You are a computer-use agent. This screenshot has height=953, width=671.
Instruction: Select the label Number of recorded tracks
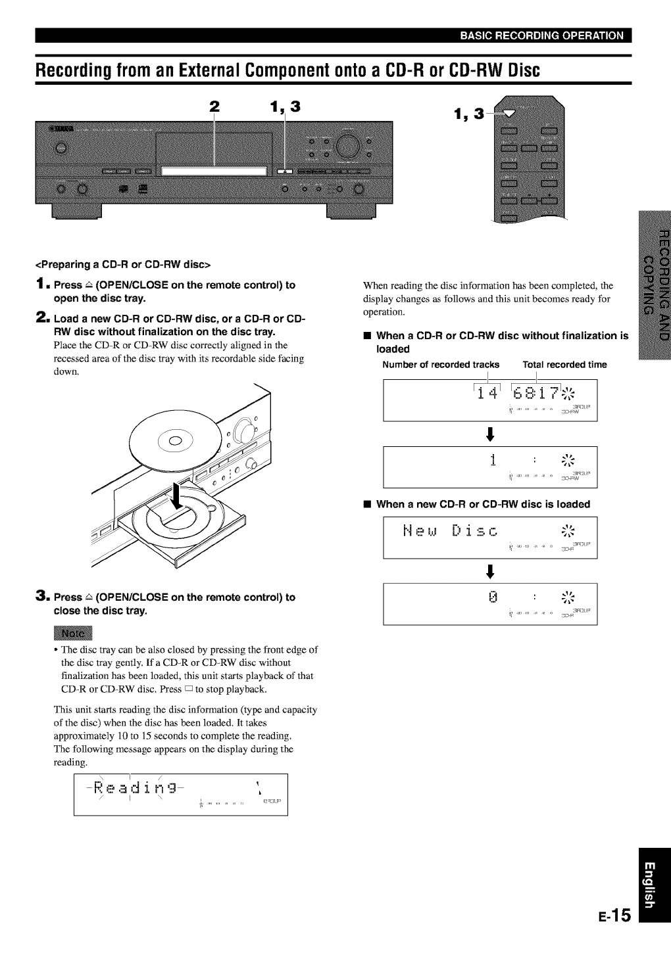click(x=441, y=365)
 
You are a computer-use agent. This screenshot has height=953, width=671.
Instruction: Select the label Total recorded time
click(x=564, y=365)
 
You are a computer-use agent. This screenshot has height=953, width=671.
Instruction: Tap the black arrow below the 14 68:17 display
click(x=489, y=434)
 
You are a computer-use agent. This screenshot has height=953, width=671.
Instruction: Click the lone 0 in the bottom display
click(x=492, y=598)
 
